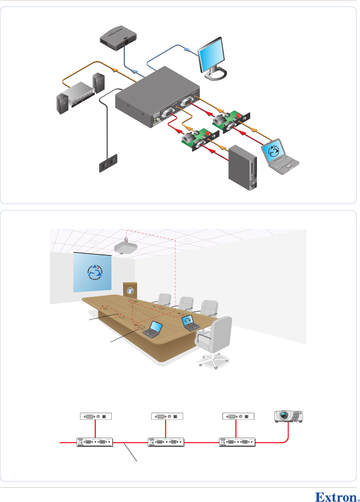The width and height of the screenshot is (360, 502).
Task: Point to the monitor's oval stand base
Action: point(215,74)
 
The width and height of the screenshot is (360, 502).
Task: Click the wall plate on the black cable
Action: point(108,163)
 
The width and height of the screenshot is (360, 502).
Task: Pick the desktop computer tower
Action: point(243,167)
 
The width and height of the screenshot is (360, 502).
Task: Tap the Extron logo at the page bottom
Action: point(336,497)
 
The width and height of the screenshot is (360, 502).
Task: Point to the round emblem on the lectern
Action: point(130,291)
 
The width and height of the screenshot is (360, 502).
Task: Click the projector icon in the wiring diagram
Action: point(289,416)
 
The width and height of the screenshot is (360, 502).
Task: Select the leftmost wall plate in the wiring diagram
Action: point(96,416)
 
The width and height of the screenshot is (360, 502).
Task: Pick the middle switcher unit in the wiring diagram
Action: point(166,442)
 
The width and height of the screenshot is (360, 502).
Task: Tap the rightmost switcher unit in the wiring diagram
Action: point(237,442)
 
